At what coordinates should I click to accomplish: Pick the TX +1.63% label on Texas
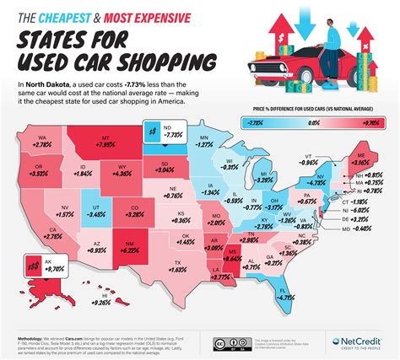point(177,269)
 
